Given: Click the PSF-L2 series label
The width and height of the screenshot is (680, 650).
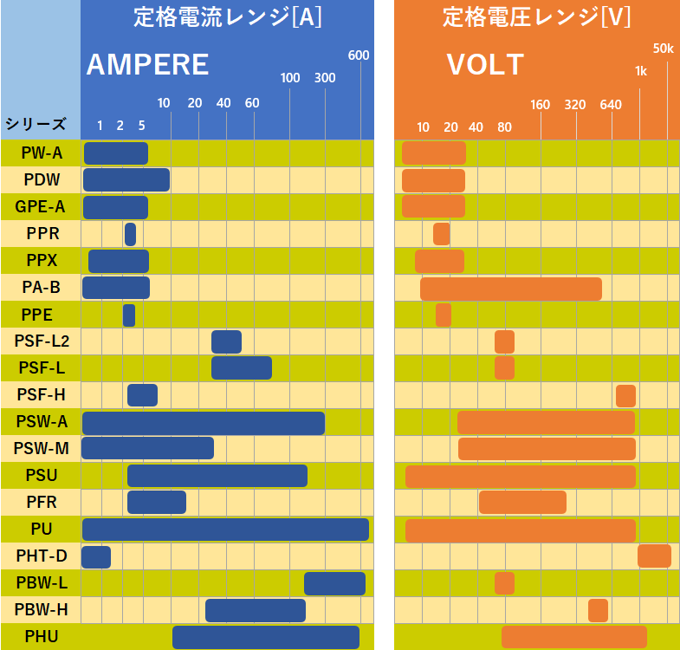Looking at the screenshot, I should (41, 341).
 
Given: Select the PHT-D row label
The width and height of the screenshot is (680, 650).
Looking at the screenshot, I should (41, 556).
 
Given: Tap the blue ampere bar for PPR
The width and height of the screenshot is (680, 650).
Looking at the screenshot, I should (130, 234).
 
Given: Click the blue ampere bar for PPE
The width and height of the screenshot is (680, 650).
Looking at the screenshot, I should (129, 315).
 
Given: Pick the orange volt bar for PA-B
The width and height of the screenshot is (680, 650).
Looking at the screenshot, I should (511, 289).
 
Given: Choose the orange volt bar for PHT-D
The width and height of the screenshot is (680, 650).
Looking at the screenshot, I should (654, 556).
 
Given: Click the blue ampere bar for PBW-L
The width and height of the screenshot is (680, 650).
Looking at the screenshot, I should (334, 583).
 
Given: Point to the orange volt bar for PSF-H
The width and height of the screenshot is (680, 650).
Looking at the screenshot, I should (625, 395).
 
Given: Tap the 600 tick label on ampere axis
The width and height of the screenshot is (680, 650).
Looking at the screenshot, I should (359, 55).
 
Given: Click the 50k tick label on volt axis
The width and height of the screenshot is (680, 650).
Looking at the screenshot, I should (663, 49).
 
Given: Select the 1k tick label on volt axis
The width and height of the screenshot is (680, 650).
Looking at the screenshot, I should (641, 71).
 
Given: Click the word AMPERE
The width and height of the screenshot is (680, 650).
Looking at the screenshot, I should (147, 65).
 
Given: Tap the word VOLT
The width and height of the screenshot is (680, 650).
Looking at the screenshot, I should (485, 65).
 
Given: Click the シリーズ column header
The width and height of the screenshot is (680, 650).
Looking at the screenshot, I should (36, 124).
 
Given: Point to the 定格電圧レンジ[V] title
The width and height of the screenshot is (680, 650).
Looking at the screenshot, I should (536, 16).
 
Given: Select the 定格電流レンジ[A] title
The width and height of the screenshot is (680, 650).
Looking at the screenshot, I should (228, 16).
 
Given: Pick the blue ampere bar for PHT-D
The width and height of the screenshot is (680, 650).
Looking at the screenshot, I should (96, 556).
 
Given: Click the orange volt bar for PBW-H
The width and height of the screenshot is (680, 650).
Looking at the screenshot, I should (598, 610).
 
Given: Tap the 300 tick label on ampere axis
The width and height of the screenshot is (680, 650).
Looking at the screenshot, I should (325, 78).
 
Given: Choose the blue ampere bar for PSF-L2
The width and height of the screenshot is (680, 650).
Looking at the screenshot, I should (226, 341).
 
